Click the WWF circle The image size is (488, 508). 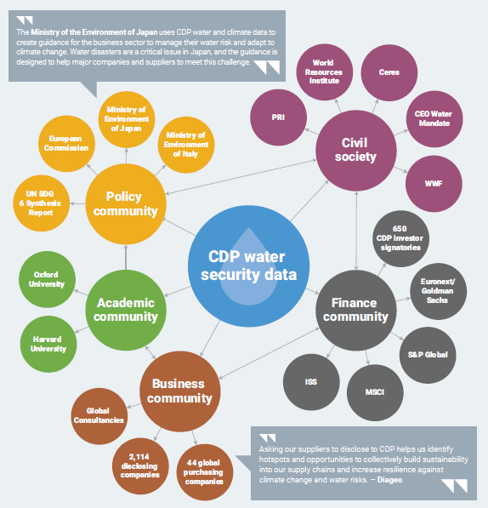pos(434,184)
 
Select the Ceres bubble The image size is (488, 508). pos(389,72)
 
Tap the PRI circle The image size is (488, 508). pos(278,117)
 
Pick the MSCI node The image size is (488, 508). pos(375,392)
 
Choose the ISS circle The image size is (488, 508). pos(311,382)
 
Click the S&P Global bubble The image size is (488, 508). pos(428,355)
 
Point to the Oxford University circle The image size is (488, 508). pos(48,279)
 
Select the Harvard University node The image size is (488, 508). pos(48,344)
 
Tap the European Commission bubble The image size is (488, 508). pos(66,144)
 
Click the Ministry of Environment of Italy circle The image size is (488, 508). pos(186,145)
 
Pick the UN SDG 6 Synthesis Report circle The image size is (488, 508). pos(42,203)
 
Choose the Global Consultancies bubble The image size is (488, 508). pos(99,416)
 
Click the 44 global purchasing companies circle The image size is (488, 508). pos(205,472)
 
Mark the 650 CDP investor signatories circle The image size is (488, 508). pos(401,239)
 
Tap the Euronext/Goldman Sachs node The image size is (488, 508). pos(439,291)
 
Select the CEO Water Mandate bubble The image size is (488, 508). pos(434,119)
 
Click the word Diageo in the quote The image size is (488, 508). pos(389,480)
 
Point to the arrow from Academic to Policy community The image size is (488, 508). pos(126,257)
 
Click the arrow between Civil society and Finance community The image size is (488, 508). pos(356,231)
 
